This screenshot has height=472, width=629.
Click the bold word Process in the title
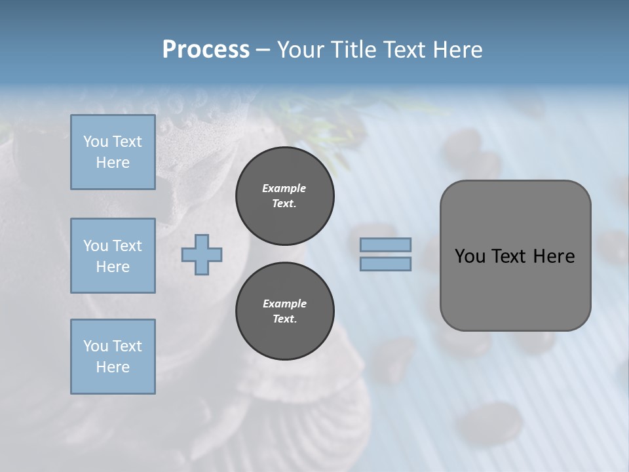point(206,50)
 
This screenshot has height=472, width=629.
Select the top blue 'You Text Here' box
point(113,152)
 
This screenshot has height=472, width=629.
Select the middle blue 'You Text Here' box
point(113,256)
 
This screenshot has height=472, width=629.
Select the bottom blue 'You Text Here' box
point(113,357)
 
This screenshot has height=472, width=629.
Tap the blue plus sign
point(201,254)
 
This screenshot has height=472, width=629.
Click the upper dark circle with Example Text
point(284,195)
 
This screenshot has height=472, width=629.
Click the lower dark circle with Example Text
point(284,311)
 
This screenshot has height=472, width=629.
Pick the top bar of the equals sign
point(385,245)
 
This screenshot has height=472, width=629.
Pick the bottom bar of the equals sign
point(385,264)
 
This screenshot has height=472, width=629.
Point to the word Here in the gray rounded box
point(554,256)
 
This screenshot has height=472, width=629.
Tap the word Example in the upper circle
point(284,188)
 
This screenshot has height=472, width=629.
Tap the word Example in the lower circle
point(284,304)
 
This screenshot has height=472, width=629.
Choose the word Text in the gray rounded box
point(510,256)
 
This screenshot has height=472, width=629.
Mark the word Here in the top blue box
point(113,163)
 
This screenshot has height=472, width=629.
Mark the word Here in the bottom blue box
point(113,367)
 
